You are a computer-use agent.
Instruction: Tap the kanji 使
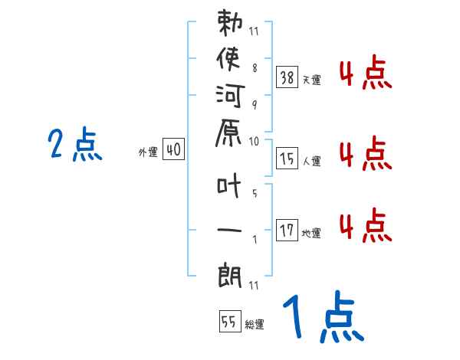232,61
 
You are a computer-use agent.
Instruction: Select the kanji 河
232,99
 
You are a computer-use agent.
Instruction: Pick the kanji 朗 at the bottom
232,272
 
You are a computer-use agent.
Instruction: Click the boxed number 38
287,77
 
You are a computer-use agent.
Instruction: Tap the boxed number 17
287,230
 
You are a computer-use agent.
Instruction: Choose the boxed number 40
173,150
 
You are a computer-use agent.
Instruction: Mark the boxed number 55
228,322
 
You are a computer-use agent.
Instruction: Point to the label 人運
311,161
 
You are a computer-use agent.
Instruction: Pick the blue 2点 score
75,145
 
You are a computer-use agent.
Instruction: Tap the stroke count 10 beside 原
254,141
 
